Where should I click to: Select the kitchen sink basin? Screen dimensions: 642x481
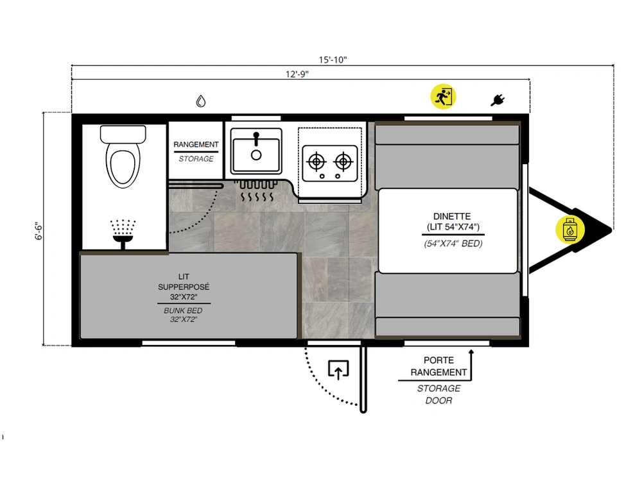tap(256, 151)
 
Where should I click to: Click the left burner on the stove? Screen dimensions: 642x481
tap(316, 162)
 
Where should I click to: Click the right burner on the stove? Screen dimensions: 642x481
tap(343, 162)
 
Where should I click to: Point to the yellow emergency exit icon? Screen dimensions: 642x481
tap(443, 97)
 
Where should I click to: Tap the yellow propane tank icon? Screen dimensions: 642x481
tap(569, 230)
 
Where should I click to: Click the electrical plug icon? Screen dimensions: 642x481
tap(498, 100)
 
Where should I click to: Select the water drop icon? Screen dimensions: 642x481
tap(200, 101)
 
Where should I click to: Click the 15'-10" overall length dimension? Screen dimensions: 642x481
tap(333, 60)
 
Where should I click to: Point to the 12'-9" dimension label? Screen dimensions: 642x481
tap(297, 74)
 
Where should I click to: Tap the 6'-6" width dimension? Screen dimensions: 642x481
tap(39, 231)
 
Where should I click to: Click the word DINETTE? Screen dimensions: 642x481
tap(452, 216)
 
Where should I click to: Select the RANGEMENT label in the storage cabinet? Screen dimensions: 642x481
tap(196, 144)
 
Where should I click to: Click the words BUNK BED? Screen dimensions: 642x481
tap(183, 310)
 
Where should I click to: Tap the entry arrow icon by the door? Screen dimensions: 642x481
tap(338, 369)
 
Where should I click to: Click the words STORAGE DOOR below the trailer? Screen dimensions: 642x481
tap(438, 394)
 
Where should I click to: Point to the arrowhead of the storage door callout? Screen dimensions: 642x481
tap(471, 351)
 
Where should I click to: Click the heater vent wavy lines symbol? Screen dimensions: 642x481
tap(257, 191)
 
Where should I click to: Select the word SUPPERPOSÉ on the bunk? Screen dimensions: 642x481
tap(184, 287)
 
